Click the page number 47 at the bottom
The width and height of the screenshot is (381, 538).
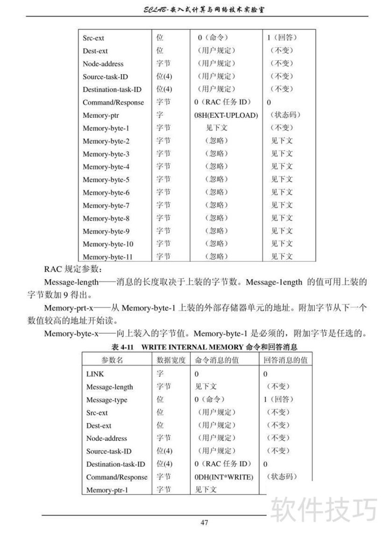(x=204, y=523)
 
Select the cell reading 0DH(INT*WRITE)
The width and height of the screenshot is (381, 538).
(x=224, y=477)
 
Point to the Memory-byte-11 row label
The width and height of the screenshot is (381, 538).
(x=108, y=257)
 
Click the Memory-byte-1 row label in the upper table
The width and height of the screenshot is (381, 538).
(x=106, y=128)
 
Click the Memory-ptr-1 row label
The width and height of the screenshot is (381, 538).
(x=107, y=490)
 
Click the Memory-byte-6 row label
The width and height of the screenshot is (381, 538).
(x=106, y=193)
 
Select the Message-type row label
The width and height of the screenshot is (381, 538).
(x=107, y=400)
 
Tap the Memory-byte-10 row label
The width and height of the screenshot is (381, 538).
(x=108, y=244)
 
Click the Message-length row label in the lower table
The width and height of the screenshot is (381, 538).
(x=110, y=387)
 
